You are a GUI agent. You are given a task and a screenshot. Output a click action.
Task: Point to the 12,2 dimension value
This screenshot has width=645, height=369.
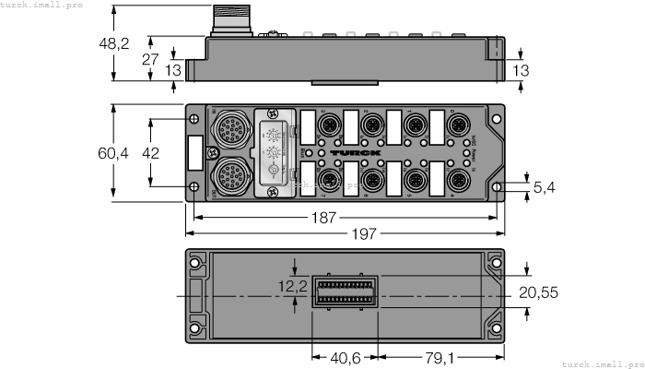pos(294,288)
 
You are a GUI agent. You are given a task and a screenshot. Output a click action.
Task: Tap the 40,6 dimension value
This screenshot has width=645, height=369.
pos(346,356)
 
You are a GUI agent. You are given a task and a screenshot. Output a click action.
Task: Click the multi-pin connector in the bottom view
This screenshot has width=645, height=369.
pos(346,293)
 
